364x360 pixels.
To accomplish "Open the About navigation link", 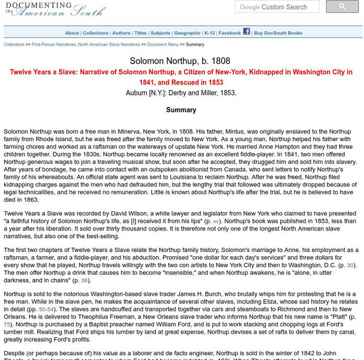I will click(x=72, y=33).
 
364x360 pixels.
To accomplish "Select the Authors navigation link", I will click(x=121, y=33).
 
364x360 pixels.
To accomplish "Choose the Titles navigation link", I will click(x=140, y=33).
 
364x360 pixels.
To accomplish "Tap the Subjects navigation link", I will click(x=160, y=33).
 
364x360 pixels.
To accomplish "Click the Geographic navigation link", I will click(x=187, y=33).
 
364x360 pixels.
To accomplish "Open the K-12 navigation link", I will click(x=209, y=33).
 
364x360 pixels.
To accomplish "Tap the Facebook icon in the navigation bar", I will click(x=246, y=32).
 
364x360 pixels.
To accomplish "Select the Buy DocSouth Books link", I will click(x=278, y=33).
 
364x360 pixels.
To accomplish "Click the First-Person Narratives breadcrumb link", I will click(x=53, y=44).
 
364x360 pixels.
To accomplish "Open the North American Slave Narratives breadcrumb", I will click(x=109, y=44).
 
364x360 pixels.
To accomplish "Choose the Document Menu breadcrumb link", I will click(x=163, y=44).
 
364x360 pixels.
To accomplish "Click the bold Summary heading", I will click(x=181, y=110).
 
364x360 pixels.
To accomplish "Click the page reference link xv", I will click(x=216, y=221).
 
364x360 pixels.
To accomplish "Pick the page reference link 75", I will click(x=7, y=324).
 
